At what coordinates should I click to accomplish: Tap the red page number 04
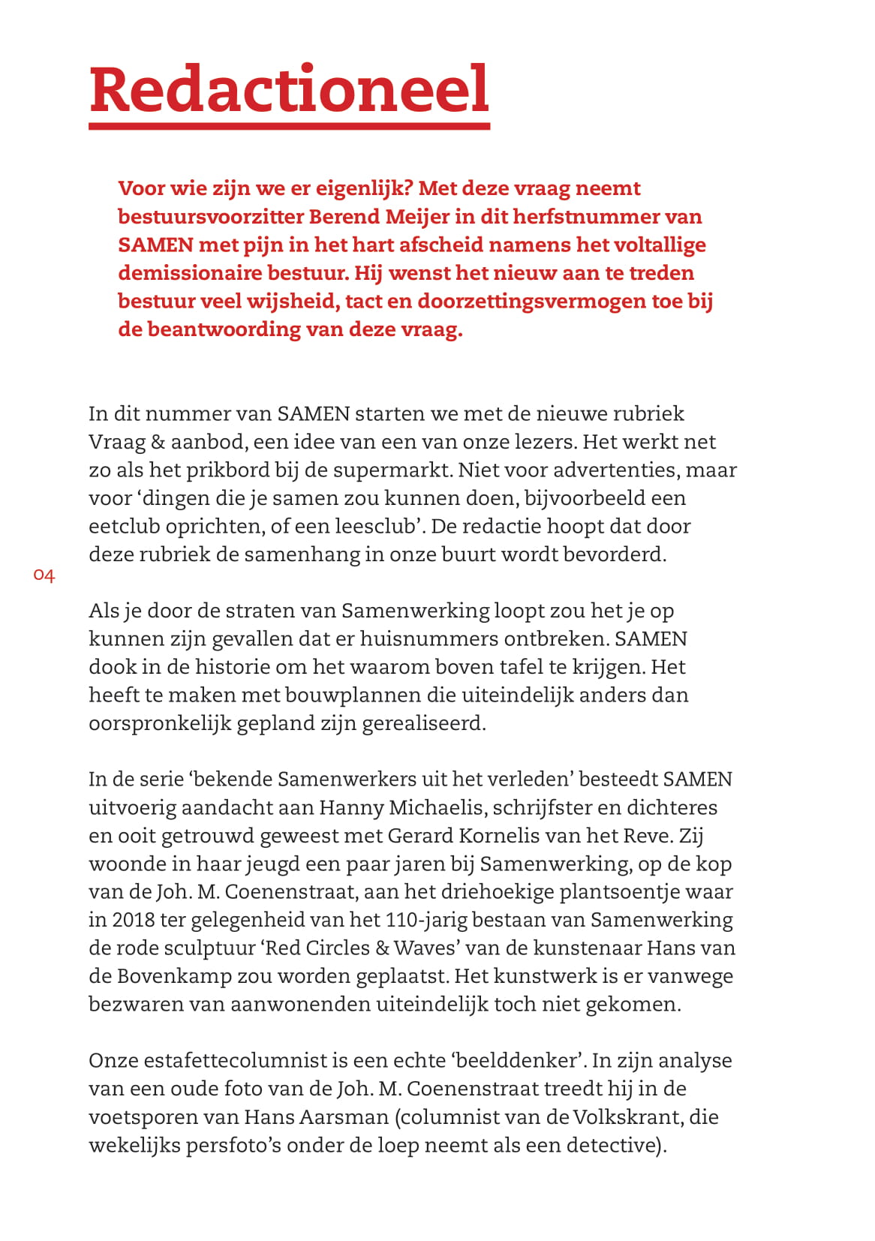click(44, 576)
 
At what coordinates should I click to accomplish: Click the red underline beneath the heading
click(289, 126)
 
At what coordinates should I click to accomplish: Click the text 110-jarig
click(422, 921)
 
